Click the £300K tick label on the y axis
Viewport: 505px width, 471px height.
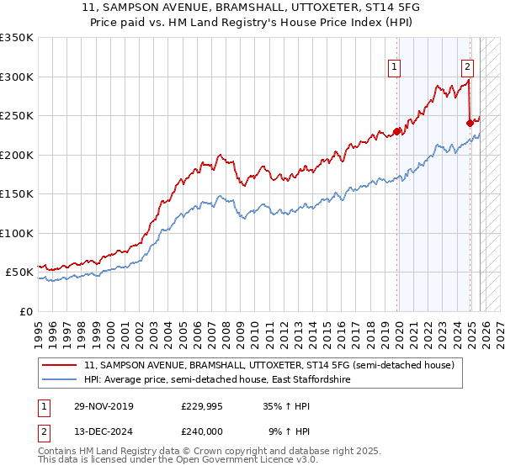tap(17, 77)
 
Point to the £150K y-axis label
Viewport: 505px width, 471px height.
tap(17, 193)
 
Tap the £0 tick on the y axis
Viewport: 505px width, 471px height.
tap(25, 311)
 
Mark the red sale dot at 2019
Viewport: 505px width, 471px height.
tap(397, 131)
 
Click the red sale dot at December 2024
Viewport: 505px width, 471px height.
tap(470, 124)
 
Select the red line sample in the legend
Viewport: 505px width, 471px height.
tap(59, 365)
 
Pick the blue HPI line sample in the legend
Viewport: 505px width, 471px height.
tap(59, 380)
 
